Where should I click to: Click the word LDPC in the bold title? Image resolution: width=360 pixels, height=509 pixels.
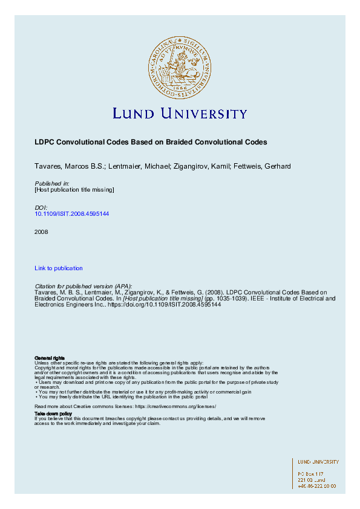click(x=44, y=143)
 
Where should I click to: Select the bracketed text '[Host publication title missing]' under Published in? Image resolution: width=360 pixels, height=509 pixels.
click(x=74, y=190)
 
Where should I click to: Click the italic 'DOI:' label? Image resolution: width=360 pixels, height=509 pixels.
click(x=41, y=207)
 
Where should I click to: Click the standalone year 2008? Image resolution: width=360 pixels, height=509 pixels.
click(x=41, y=232)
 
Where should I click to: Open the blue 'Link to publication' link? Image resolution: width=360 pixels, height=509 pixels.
click(x=59, y=268)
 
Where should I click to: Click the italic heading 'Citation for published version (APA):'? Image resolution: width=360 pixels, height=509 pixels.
click(x=83, y=286)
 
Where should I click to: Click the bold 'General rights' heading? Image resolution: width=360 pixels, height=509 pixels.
click(x=50, y=358)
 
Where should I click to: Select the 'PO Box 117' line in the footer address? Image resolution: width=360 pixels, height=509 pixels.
click(x=311, y=474)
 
